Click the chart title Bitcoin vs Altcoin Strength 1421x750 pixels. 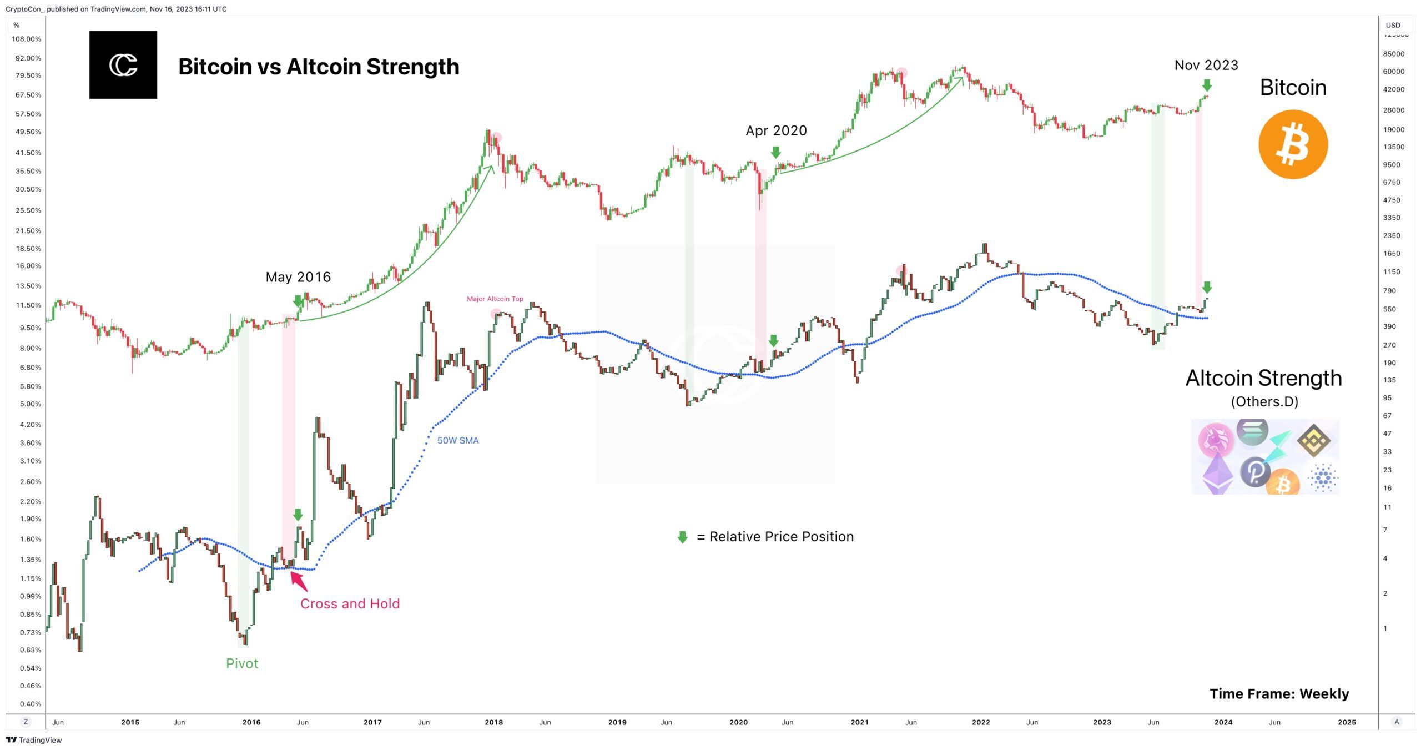click(x=319, y=67)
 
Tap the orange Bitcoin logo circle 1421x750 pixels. click(x=1293, y=144)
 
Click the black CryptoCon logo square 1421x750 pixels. click(x=123, y=65)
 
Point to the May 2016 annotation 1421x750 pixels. click(x=298, y=277)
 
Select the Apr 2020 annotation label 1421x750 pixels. click(x=776, y=130)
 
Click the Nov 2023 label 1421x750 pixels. click(x=1206, y=66)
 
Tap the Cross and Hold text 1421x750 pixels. click(x=350, y=603)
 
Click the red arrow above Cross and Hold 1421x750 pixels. click(x=299, y=581)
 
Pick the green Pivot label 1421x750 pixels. click(x=242, y=663)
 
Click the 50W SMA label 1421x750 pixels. click(x=458, y=440)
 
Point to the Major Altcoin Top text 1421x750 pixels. click(x=495, y=299)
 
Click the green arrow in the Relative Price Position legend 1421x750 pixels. click(x=683, y=537)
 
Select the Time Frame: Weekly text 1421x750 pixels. click(x=1279, y=694)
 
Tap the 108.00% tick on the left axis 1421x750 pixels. click(x=26, y=39)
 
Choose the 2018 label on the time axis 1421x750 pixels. click(x=493, y=722)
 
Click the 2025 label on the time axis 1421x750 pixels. click(x=1347, y=722)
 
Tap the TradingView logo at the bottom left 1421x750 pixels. click(x=34, y=740)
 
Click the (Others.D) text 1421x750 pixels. click(x=1264, y=401)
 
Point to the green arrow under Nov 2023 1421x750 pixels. click(x=1207, y=85)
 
